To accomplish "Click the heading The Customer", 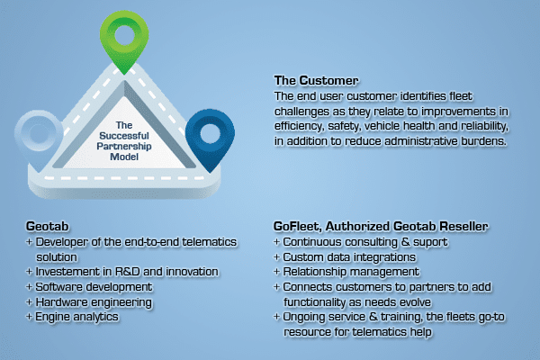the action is (316, 81).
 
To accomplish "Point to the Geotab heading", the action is (47, 226).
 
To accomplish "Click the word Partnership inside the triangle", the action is (124, 146).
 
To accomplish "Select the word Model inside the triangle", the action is (124, 157).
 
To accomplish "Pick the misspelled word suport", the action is (430, 242).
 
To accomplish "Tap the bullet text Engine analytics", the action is (76, 317).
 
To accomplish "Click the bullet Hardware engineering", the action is (94, 302).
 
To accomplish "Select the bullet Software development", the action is (94, 287).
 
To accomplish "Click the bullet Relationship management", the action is (351, 272).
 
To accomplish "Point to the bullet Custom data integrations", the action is (349, 257).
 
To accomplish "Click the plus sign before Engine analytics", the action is (30, 316).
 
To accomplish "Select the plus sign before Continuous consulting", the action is (276, 242).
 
